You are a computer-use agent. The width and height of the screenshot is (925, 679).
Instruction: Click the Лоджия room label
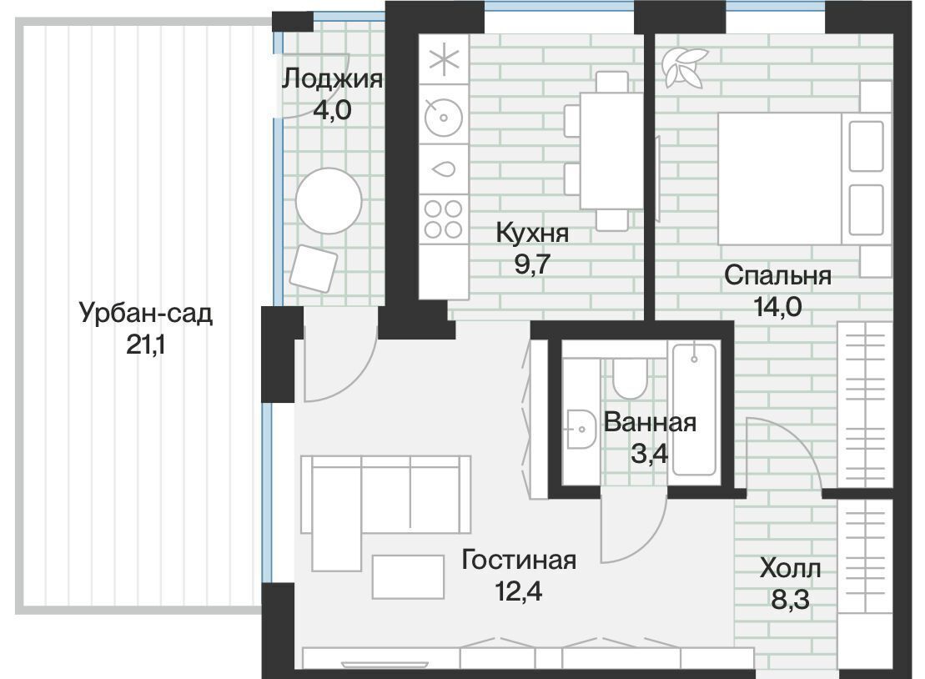tap(333, 78)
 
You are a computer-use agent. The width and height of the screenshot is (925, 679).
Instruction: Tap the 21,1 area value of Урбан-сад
tap(146, 345)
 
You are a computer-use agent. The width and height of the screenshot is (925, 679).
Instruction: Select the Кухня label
tap(532, 233)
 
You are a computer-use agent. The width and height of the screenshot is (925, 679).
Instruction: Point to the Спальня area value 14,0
tap(777, 306)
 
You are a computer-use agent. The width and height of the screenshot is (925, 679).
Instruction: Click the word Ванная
tap(650, 422)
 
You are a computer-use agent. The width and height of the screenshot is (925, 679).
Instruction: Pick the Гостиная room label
tap(519, 560)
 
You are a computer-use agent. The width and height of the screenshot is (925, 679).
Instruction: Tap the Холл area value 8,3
tap(790, 600)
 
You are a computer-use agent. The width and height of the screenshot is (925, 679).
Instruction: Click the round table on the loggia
tap(329, 200)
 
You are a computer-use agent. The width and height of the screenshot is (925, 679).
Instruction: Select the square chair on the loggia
tap(314, 269)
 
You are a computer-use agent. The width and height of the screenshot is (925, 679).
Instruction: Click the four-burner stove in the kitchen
tap(444, 219)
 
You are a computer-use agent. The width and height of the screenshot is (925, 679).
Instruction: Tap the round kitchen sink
tap(444, 117)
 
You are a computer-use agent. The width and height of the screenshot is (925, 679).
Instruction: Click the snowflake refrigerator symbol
tap(444, 59)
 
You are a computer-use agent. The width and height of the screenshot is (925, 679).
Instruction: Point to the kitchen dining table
tap(611, 150)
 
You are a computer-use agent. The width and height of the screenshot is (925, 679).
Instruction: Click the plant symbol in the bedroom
tap(684, 68)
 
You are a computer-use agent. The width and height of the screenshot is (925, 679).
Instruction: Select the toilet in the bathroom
tap(630, 378)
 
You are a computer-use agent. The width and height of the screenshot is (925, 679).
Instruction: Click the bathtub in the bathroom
tap(695, 410)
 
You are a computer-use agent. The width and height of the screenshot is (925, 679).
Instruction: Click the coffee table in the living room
tap(408, 577)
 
